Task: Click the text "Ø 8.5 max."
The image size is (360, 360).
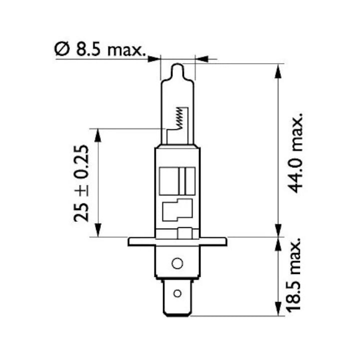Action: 99,49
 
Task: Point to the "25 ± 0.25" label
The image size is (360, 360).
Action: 80,183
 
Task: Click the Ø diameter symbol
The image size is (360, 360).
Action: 60,49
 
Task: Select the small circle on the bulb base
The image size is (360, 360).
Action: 177,263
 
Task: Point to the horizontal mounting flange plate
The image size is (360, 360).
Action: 177,241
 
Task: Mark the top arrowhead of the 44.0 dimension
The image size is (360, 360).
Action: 278,69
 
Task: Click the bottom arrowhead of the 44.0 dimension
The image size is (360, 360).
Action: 278,230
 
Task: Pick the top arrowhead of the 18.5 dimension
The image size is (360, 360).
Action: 278,243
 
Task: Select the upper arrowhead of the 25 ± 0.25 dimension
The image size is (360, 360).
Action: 98,134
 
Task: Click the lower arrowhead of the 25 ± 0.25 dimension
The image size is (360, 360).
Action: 98,230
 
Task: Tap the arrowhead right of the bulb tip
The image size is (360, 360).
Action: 201,59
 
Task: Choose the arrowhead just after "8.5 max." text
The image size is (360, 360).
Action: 153,59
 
